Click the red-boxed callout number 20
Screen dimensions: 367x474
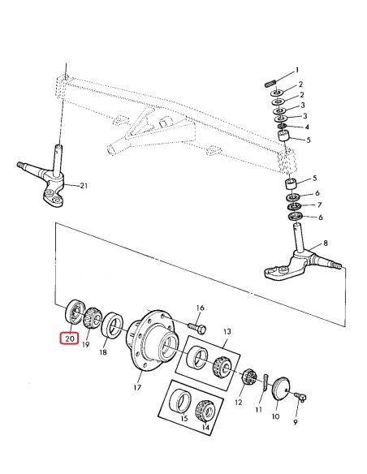(x=69, y=338)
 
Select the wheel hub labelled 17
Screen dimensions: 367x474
(x=152, y=339)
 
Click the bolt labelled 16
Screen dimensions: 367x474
(x=197, y=327)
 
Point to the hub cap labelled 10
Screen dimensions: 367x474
(x=280, y=388)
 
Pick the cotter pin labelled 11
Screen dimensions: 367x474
(x=266, y=382)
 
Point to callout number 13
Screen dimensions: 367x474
(x=227, y=331)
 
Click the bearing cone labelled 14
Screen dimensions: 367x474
(x=205, y=411)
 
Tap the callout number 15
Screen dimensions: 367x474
(x=183, y=418)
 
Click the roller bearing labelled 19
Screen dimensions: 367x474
(x=92, y=320)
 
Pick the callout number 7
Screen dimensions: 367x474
(x=320, y=205)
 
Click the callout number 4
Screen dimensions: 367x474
(x=307, y=127)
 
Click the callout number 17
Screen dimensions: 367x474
(x=137, y=387)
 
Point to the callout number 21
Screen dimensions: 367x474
(x=83, y=185)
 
